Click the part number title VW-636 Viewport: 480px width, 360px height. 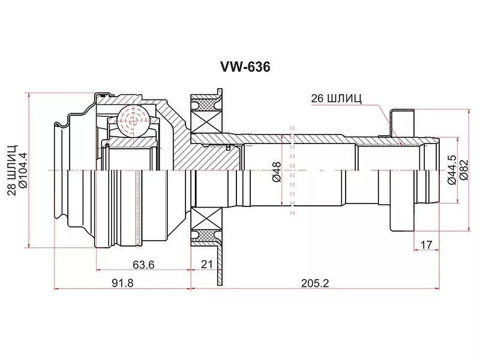point(245,67)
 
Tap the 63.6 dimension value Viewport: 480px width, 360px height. point(143,265)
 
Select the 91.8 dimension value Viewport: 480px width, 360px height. point(122,283)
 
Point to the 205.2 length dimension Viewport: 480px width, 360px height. point(314,283)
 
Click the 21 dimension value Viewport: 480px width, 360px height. point(206,264)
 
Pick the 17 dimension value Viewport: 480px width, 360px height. point(426,245)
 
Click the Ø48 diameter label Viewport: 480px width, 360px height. point(277,172)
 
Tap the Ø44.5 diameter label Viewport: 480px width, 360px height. point(452,170)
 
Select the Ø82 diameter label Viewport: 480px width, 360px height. point(464,170)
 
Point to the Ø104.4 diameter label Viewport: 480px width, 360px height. point(23,170)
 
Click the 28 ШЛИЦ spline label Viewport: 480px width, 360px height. point(12,170)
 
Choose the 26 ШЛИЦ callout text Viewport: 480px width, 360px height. point(336,98)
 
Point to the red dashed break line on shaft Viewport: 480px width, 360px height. point(292,170)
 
